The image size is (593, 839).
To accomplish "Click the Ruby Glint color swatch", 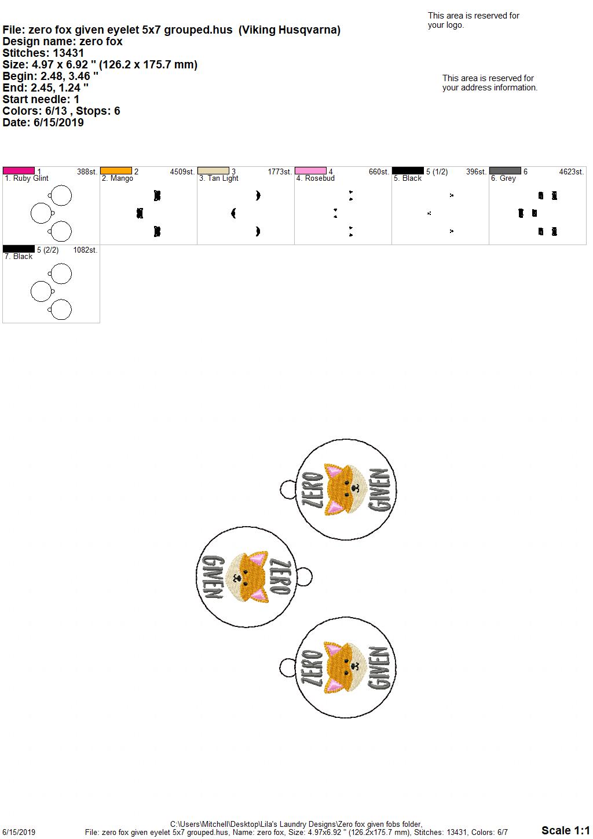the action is point(19,171).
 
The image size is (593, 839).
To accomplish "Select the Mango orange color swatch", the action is point(116,171).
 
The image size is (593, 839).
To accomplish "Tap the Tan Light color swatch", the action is point(213,171).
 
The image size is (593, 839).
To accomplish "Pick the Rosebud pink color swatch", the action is point(311,171).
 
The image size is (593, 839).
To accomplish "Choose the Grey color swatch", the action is point(506,171).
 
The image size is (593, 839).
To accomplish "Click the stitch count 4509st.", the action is point(182,172).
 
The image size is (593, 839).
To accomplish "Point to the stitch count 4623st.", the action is point(572,172).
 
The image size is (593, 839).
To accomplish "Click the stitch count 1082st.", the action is point(85,250).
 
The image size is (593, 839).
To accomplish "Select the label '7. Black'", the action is point(19,257).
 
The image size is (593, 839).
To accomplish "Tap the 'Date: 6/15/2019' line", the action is point(43,122).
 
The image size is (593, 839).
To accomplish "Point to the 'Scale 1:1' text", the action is point(566,830).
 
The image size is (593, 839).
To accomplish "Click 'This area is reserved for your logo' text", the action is point(474,20).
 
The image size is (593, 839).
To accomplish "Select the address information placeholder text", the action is point(490,83).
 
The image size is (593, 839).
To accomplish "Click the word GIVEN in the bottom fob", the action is point(380,667).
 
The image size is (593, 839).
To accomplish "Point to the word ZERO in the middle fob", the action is point(280,577).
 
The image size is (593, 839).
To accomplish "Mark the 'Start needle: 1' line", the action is point(41,99).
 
